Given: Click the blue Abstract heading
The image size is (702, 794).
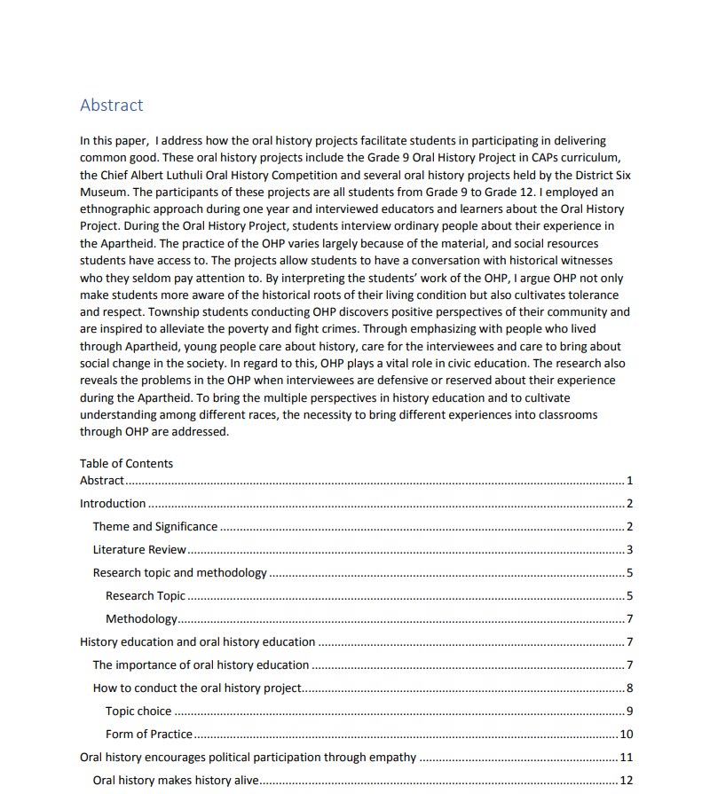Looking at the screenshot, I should [111, 105].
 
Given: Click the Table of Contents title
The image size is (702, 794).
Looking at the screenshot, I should [126, 463].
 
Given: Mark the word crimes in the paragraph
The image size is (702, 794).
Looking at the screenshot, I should [327, 328].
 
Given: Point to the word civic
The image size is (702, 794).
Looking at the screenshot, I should [467, 363].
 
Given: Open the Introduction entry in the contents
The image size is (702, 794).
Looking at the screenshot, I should [113, 504].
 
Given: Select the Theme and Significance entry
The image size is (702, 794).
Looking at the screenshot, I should [155, 527].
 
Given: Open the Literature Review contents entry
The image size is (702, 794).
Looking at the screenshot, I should [139, 550].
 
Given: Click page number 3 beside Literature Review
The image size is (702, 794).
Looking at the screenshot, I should [629, 550].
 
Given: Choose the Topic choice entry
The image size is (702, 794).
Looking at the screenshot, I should [138, 711].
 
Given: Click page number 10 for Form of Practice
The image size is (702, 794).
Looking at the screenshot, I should [626, 734].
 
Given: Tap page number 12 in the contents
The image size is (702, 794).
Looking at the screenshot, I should [626, 780].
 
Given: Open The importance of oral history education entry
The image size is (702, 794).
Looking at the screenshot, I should [201, 664].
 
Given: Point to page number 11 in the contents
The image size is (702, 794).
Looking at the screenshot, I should [626, 757].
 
